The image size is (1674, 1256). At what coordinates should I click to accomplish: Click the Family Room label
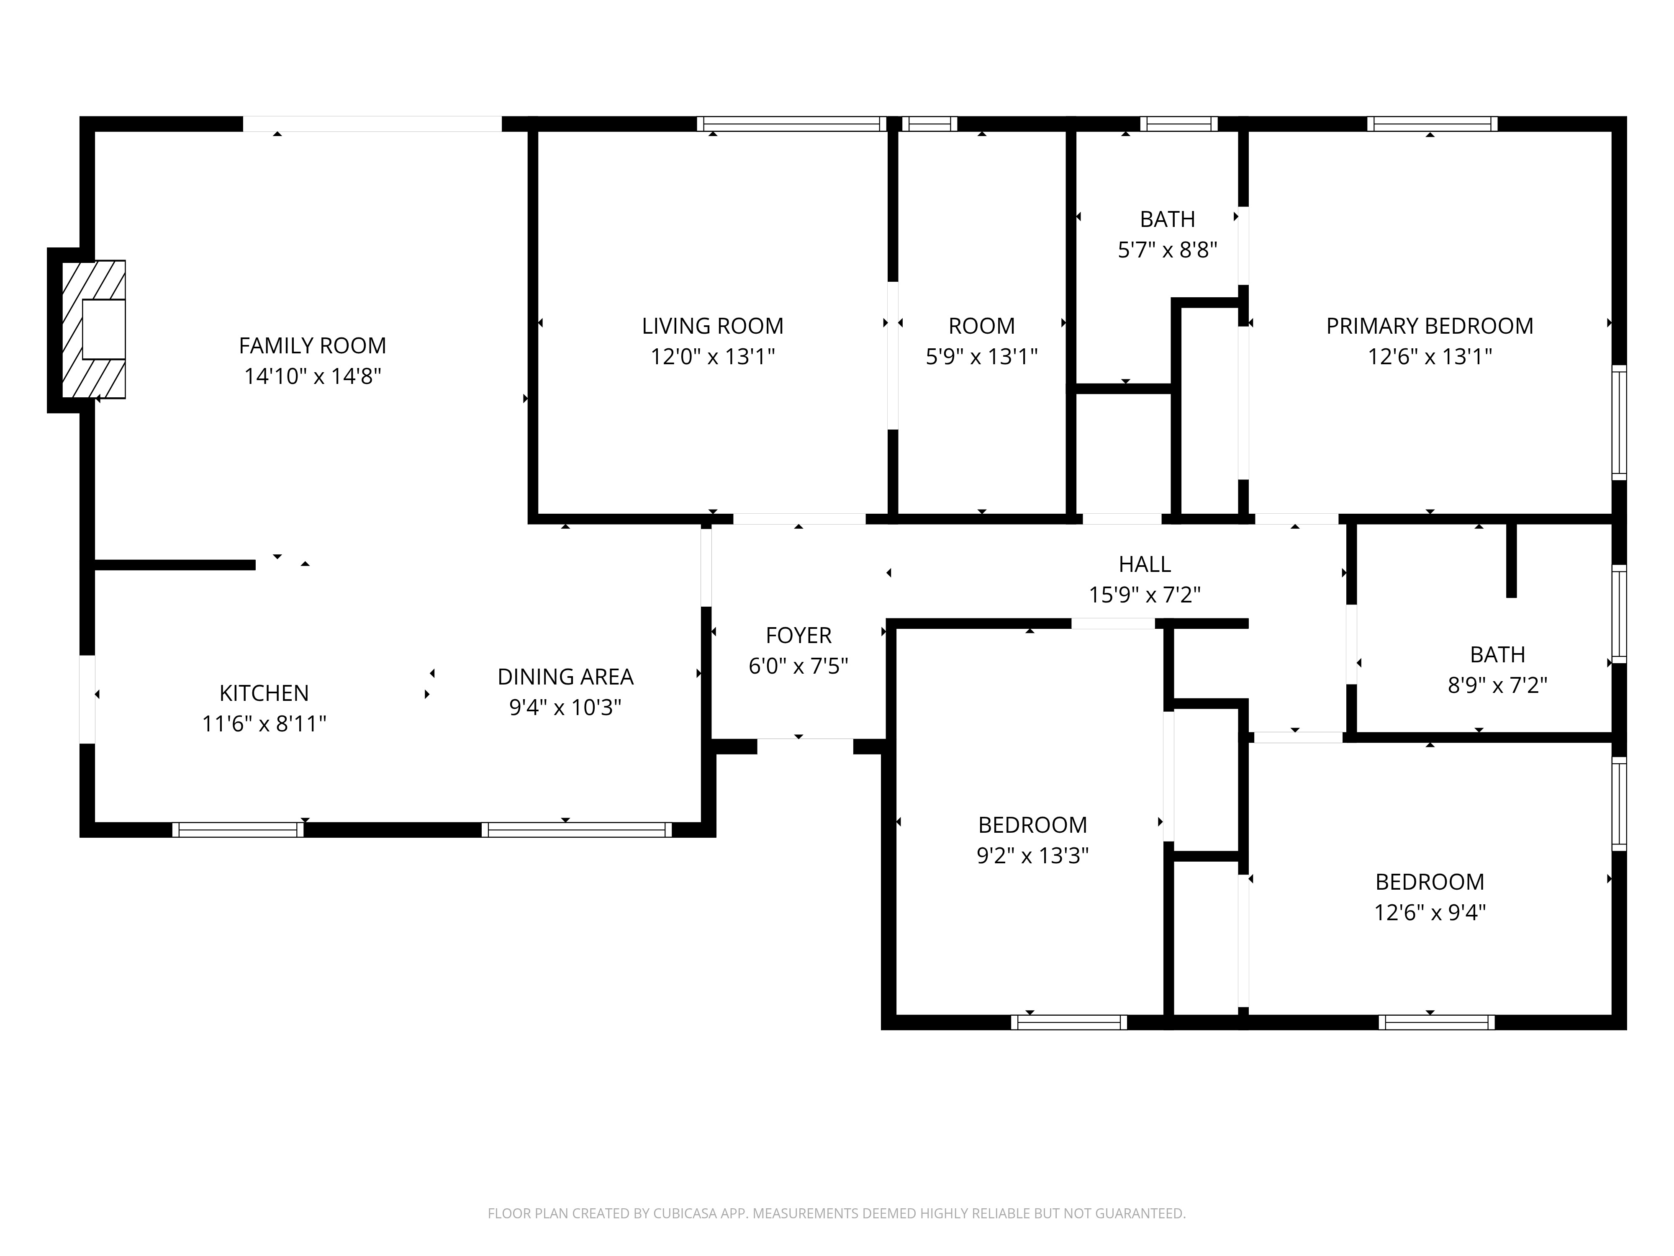coord(313,346)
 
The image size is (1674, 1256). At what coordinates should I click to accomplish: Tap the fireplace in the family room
coord(93,329)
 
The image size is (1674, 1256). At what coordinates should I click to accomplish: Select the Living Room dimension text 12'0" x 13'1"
coord(713,357)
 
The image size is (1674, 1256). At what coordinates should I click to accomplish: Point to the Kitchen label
coord(264,693)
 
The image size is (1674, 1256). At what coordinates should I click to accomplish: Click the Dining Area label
coord(565,677)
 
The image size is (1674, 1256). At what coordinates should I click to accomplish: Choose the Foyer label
coord(798,635)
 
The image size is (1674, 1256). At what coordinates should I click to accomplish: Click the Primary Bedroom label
coord(1430,326)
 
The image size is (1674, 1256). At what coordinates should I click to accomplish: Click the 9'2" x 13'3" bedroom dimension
coord(1033,855)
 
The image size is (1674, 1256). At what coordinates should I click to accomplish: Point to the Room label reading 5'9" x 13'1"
coord(981,326)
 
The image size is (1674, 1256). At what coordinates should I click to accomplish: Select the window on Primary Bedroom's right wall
coord(1619,422)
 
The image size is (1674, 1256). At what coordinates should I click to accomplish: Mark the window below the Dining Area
coord(577,830)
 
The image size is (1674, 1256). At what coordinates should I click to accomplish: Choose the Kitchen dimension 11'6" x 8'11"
coord(264,724)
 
